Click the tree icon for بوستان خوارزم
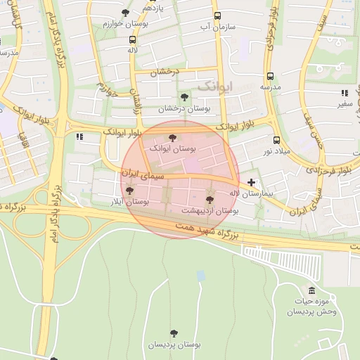(126, 13)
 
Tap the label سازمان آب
(217, 27)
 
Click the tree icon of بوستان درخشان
(184, 97)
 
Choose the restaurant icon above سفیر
(345, 93)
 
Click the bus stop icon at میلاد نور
(276, 140)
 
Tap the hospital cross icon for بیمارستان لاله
(251, 182)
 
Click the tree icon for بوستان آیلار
(128, 189)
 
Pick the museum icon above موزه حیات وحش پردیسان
(311, 290)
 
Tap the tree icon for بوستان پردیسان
(173, 333)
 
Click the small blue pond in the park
(201, 276)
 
